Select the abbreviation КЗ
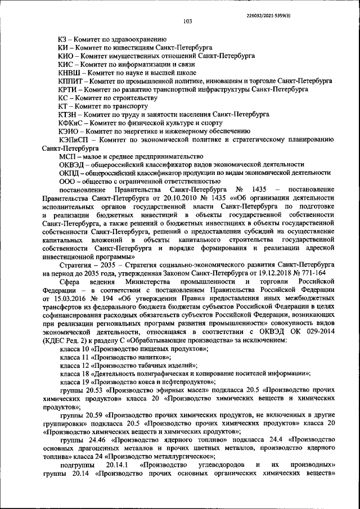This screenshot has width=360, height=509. pyautogui.click(x=64, y=39)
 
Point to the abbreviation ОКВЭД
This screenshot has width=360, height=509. pyautogui.click(x=71, y=164)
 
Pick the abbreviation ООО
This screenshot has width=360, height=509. pyautogui.click(x=67, y=181)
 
